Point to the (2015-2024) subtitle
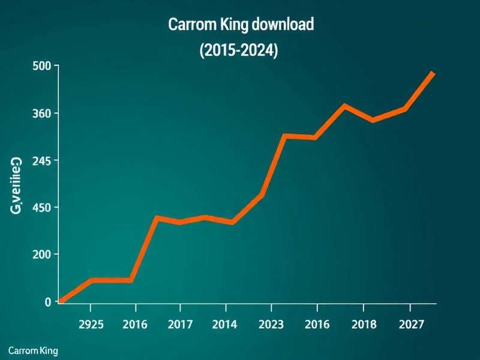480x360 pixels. click(x=238, y=51)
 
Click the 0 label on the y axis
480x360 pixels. click(x=48, y=302)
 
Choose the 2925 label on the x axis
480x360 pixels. click(x=91, y=325)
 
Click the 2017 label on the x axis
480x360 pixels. click(x=180, y=325)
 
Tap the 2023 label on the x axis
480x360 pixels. click(x=271, y=325)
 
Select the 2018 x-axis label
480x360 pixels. click(x=363, y=325)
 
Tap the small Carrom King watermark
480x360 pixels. click(x=33, y=350)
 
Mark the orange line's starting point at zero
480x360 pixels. click(x=61, y=301)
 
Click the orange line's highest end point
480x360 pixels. click(x=433, y=73)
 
